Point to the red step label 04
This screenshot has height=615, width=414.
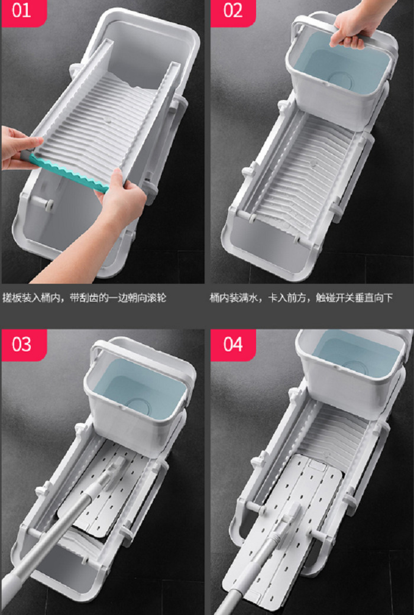233,345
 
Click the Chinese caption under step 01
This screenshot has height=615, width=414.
85,297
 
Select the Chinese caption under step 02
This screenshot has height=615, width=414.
301,297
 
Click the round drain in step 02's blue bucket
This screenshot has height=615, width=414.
341,80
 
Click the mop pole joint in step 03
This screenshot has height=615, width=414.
114,471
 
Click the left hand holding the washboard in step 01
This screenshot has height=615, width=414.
18,147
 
